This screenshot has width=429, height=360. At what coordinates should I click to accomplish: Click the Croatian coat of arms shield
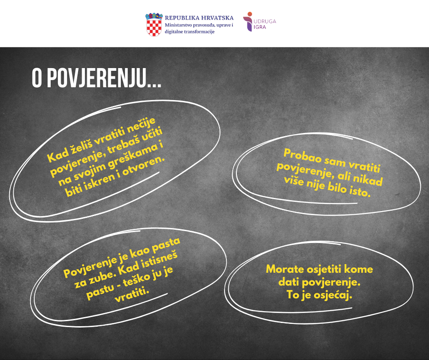pyautogui.click(x=154, y=25)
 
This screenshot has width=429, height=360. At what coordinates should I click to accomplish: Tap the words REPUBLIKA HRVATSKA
pyautogui.click(x=199, y=18)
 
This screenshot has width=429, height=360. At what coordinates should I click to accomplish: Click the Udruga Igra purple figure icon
pyautogui.click(x=248, y=21)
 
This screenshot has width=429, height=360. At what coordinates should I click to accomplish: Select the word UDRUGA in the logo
pyautogui.click(x=265, y=21)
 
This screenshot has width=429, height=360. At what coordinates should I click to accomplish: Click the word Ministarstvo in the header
pyautogui.click(x=178, y=25)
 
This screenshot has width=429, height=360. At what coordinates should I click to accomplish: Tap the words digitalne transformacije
pyautogui.click(x=189, y=32)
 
